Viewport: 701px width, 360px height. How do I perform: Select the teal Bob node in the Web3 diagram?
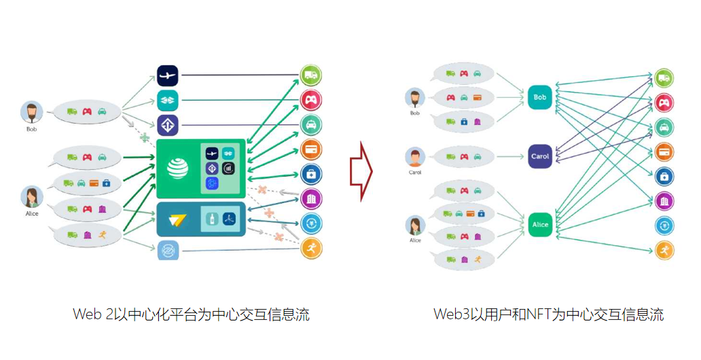click(x=540, y=98)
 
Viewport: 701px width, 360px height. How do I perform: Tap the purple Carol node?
click(x=540, y=156)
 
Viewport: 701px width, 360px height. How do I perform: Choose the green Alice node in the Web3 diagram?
click(x=540, y=225)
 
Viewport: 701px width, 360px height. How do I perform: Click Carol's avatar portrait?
click(x=415, y=158)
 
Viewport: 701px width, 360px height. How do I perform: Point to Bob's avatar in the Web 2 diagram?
click(x=32, y=113)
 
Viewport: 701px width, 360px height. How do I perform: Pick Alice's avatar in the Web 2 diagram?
click(x=32, y=197)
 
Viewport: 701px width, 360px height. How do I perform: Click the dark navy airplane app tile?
click(x=167, y=75)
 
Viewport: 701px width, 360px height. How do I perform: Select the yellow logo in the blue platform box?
click(x=179, y=219)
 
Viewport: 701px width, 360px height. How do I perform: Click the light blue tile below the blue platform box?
click(x=167, y=251)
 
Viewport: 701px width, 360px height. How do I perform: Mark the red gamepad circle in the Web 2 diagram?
click(x=310, y=101)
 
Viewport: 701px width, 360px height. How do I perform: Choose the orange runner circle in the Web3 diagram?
click(x=664, y=250)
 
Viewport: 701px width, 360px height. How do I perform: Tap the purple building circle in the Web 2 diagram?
click(x=311, y=198)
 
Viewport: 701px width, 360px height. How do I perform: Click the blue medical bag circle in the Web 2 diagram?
click(x=311, y=174)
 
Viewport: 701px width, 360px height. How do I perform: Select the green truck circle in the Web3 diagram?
click(x=664, y=78)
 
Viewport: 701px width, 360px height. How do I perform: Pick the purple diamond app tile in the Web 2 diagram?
click(x=167, y=125)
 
